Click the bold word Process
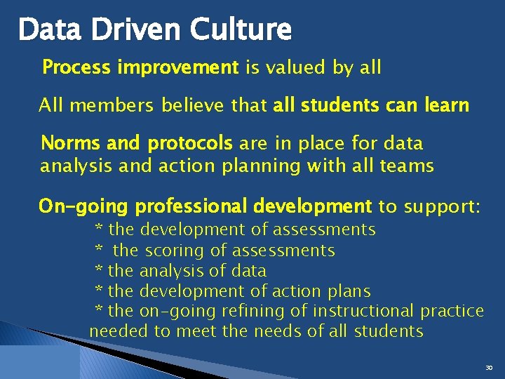tap(76, 67)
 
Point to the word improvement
tap(178, 67)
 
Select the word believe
tap(187, 105)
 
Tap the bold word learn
tap(447, 105)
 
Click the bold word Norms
tap(70, 143)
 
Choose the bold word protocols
tap(189, 144)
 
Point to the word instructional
tap(363, 311)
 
